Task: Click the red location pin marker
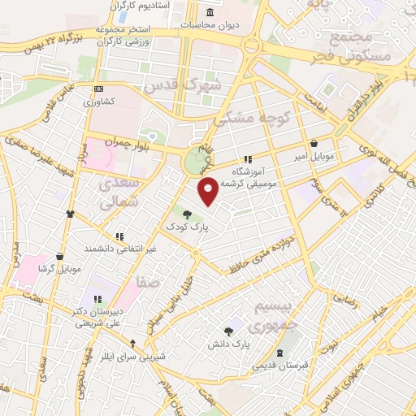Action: [209, 189]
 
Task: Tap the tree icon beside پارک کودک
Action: [188, 214]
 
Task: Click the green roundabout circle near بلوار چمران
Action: [196, 160]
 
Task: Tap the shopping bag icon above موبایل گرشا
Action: [60, 254]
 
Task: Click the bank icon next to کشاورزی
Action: [99, 89]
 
